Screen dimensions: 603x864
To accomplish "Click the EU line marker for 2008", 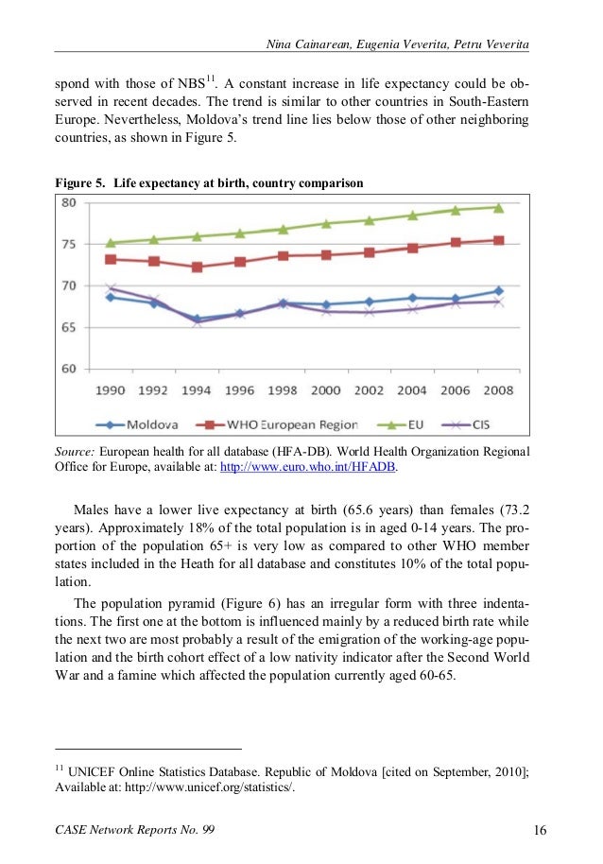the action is (x=498, y=208).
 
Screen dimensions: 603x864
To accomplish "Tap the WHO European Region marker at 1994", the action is (x=198, y=268).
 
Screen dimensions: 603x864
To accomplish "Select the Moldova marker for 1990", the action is (x=111, y=297).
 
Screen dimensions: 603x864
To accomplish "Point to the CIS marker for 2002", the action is (x=369, y=312).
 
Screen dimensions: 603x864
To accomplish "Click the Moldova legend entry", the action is (x=137, y=424).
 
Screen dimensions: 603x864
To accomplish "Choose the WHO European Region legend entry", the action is (x=277, y=424).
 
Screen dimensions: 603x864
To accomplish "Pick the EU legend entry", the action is (x=401, y=424).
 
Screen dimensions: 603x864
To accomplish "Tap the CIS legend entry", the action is (x=466, y=424).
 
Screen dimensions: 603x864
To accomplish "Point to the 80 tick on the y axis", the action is (x=69, y=203).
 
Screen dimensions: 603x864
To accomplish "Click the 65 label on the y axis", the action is (x=69, y=327).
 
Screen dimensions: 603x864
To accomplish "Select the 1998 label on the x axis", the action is (x=283, y=390).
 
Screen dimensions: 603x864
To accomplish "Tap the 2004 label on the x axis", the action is (x=412, y=390).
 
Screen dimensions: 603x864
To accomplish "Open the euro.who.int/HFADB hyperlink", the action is (x=308, y=467).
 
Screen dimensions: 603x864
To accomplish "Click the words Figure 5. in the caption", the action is (x=79, y=183).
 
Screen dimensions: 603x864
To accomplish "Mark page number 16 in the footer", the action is (x=541, y=830).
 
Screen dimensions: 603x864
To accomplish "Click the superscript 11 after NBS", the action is (x=211, y=78).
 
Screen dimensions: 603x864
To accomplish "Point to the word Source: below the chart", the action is (x=75, y=452).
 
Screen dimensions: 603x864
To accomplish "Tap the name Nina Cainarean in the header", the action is (x=308, y=44).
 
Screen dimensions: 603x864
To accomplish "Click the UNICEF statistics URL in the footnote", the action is (x=210, y=786).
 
